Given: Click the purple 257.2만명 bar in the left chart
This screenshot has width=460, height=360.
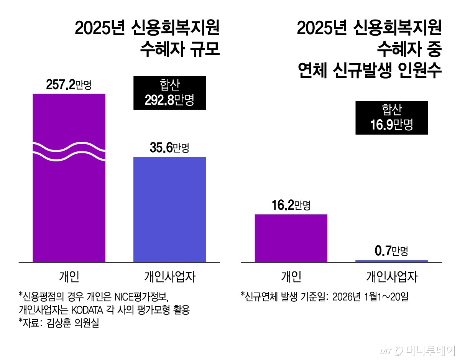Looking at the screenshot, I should click(x=69, y=207).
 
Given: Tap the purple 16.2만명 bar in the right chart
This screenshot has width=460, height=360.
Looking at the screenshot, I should click(x=291, y=238).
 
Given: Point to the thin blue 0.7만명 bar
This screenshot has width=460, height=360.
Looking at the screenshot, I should click(x=391, y=261).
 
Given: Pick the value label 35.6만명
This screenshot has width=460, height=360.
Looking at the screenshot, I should click(x=169, y=148).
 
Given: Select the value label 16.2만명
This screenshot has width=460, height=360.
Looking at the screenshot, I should click(x=291, y=206).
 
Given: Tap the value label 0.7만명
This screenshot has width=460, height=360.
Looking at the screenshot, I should click(x=391, y=252).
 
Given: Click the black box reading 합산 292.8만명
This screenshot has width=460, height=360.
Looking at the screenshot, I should click(x=169, y=93).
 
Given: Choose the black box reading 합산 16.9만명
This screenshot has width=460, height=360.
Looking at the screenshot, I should click(x=391, y=118).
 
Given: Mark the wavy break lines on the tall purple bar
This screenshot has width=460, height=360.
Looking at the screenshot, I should click(x=69, y=152).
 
